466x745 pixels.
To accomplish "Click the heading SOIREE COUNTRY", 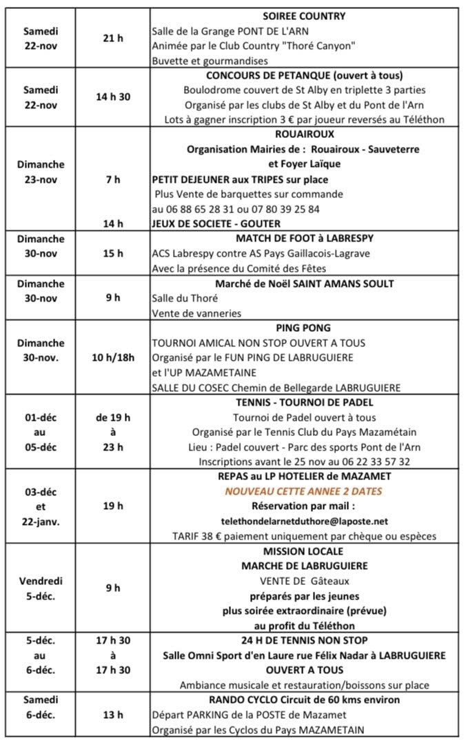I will (x=304, y=16).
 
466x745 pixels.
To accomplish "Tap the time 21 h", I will (x=112, y=39).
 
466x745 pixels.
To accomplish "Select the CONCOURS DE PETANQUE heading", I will (x=304, y=75).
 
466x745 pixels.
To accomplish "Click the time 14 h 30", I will (x=112, y=97).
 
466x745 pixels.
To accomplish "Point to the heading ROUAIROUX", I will (x=304, y=135).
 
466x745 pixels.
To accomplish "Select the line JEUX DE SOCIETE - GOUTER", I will (x=215, y=224).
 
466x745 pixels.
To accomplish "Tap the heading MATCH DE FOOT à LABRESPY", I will (x=304, y=239).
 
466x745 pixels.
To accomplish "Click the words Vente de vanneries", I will (x=196, y=313).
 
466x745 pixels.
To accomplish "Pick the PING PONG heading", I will (x=304, y=328).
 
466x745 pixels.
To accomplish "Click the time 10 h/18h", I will (x=112, y=357).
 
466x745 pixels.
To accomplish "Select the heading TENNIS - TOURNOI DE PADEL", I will (x=304, y=402).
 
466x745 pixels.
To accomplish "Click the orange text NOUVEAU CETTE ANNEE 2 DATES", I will (x=304, y=491).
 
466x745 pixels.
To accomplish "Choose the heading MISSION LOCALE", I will (x=304, y=551).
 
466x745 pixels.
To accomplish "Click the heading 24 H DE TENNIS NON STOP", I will (x=304, y=640).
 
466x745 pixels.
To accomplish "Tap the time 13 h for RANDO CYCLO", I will (x=112, y=715).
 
